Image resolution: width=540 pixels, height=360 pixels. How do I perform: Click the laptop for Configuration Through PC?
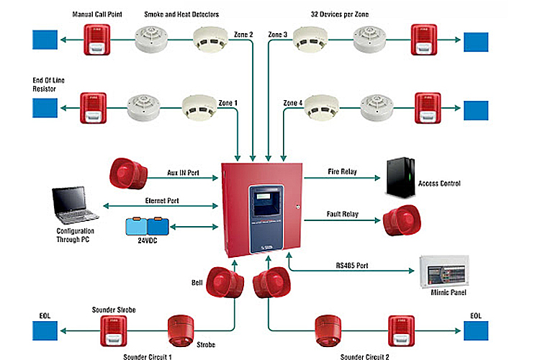pyautogui.click(x=76, y=204)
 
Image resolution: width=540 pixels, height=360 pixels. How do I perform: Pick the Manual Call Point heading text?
pyautogui.click(x=97, y=14)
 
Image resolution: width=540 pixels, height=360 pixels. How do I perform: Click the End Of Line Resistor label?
pyautogui.click(x=48, y=84)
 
